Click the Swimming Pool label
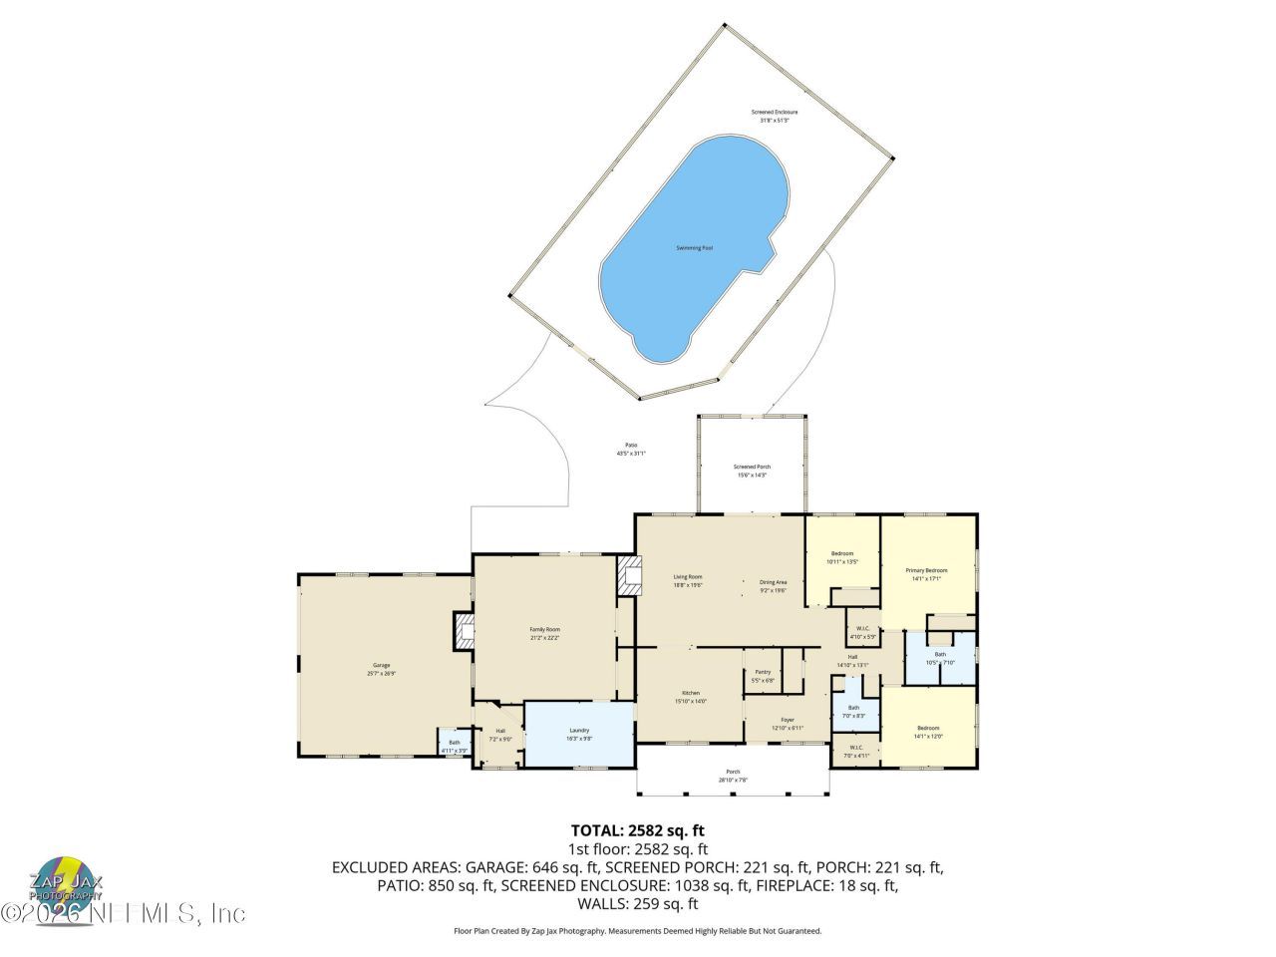click(695, 247)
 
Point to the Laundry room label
click(579, 734)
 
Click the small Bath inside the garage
click(454, 745)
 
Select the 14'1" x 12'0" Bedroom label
click(928, 732)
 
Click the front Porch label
click(733, 776)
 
